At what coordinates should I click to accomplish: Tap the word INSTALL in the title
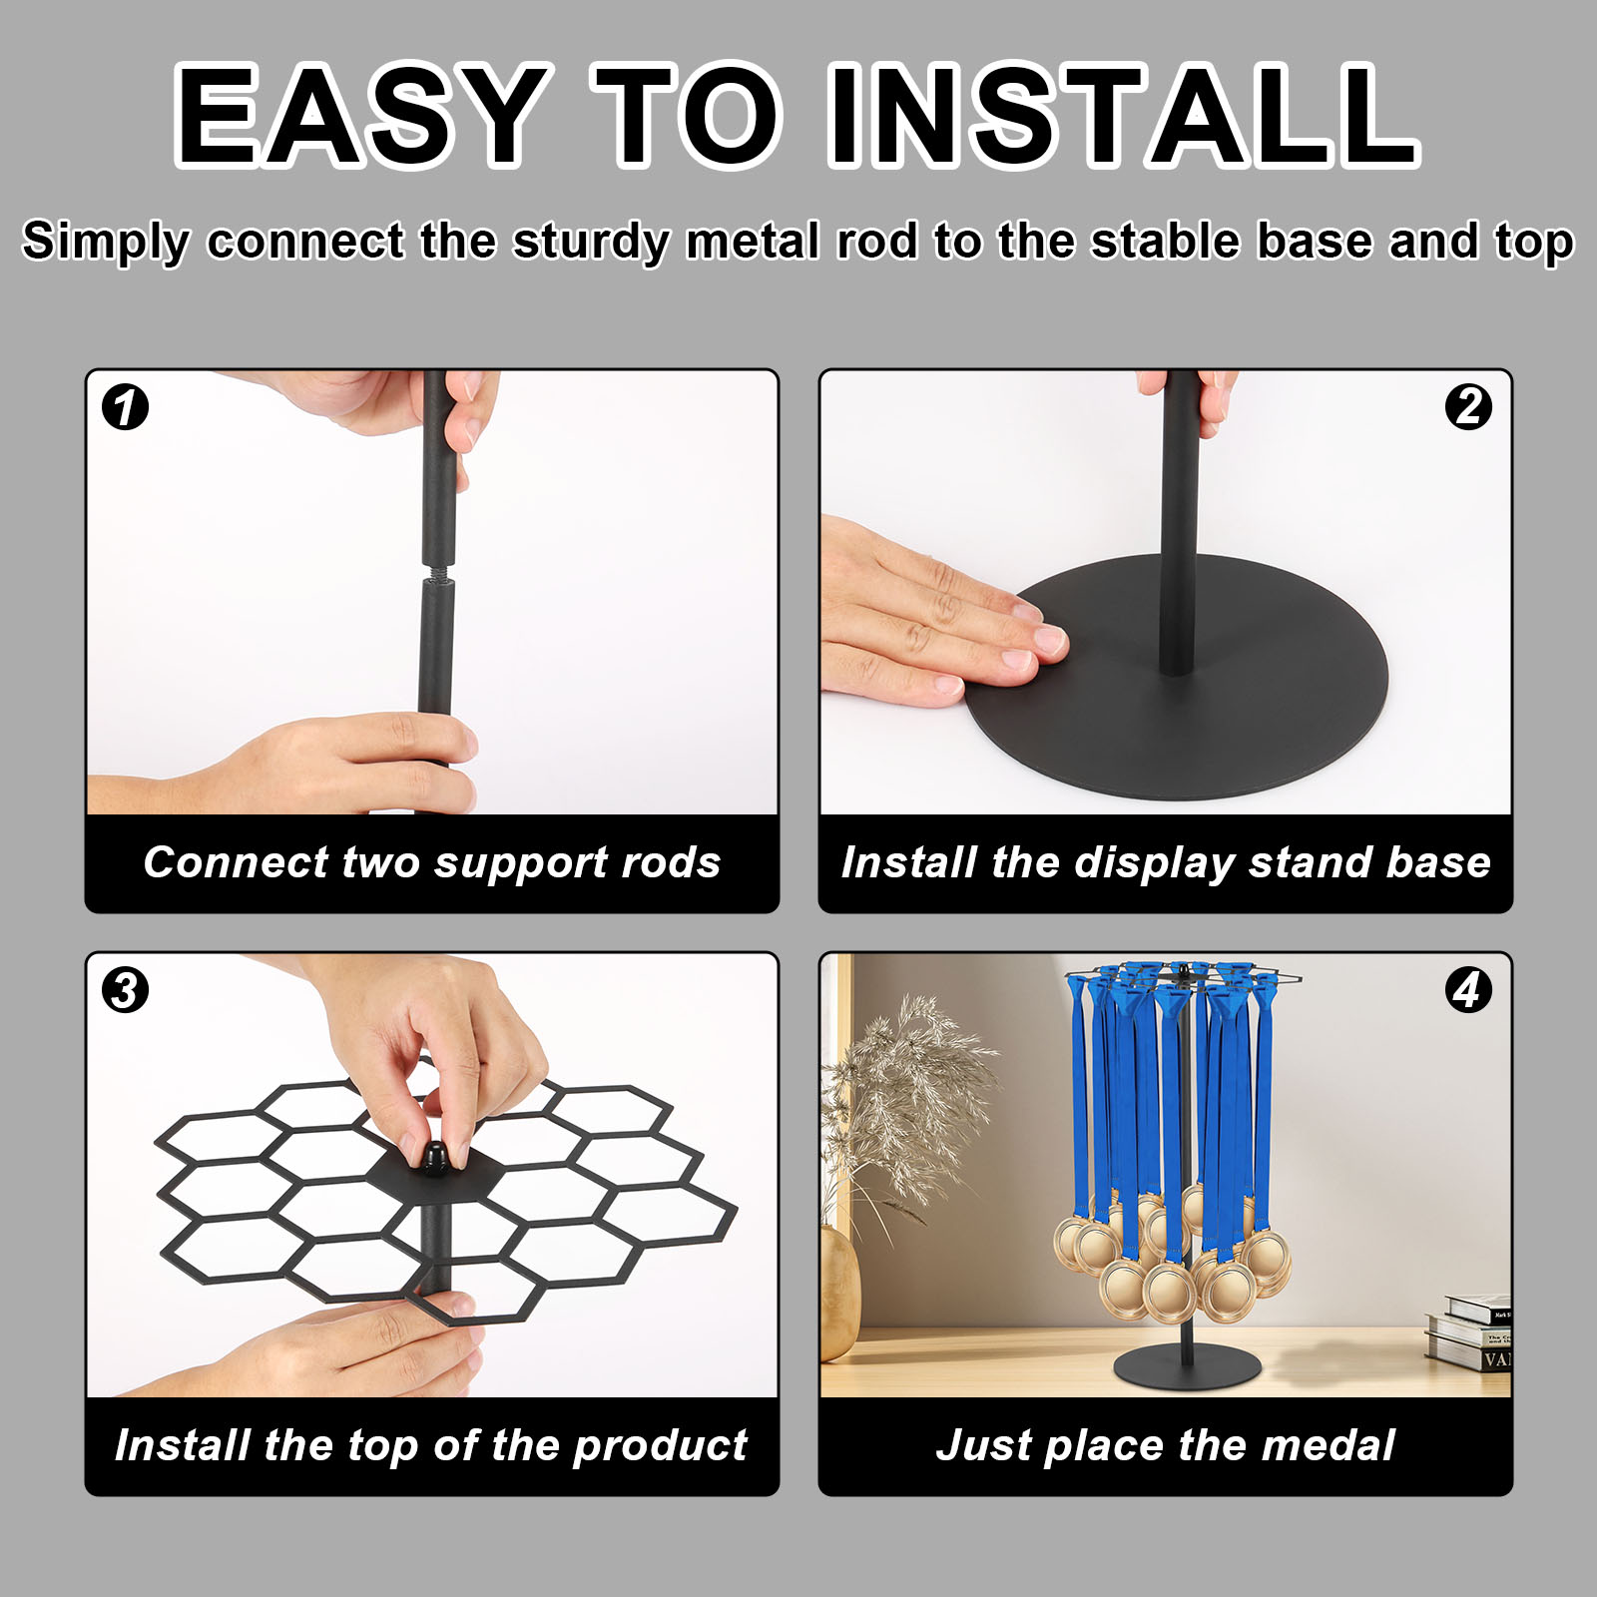[1123, 115]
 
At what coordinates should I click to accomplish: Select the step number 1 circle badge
[126, 407]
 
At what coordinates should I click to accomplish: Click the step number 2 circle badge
[1468, 407]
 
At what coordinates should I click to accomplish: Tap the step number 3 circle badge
[126, 990]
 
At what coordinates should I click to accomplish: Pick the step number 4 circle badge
[1468, 990]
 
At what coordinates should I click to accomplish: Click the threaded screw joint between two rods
[436, 577]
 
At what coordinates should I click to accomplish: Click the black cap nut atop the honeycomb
[435, 1158]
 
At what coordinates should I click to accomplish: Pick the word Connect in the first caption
[235, 862]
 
